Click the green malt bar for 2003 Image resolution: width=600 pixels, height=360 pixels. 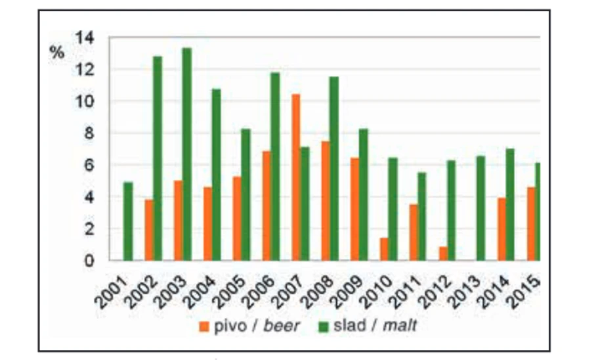(x=187, y=154)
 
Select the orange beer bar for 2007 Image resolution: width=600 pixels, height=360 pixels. (x=296, y=177)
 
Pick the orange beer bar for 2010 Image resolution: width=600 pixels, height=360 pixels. (x=384, y=249)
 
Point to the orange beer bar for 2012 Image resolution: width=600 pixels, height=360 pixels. (x=443, y=254)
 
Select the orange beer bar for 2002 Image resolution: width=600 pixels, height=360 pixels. (x=149, y=230)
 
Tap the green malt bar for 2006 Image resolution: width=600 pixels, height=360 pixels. (x=275, y=167)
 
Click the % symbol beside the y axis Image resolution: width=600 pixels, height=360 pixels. (x=58, y=53)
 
